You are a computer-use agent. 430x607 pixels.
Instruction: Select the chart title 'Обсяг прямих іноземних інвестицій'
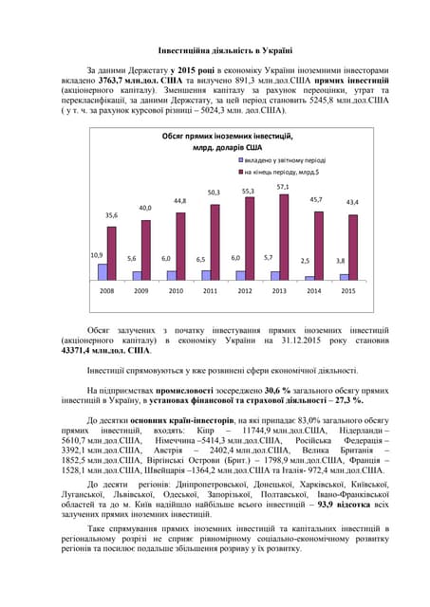(x=215, y=138)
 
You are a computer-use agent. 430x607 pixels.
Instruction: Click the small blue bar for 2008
(x=103, y=271)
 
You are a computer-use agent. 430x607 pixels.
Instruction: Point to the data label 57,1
(x=283, y=187)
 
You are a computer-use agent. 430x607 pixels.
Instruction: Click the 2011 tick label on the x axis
(x=210, y=291)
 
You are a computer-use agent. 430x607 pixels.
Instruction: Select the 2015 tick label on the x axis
(x=347, y=291)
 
